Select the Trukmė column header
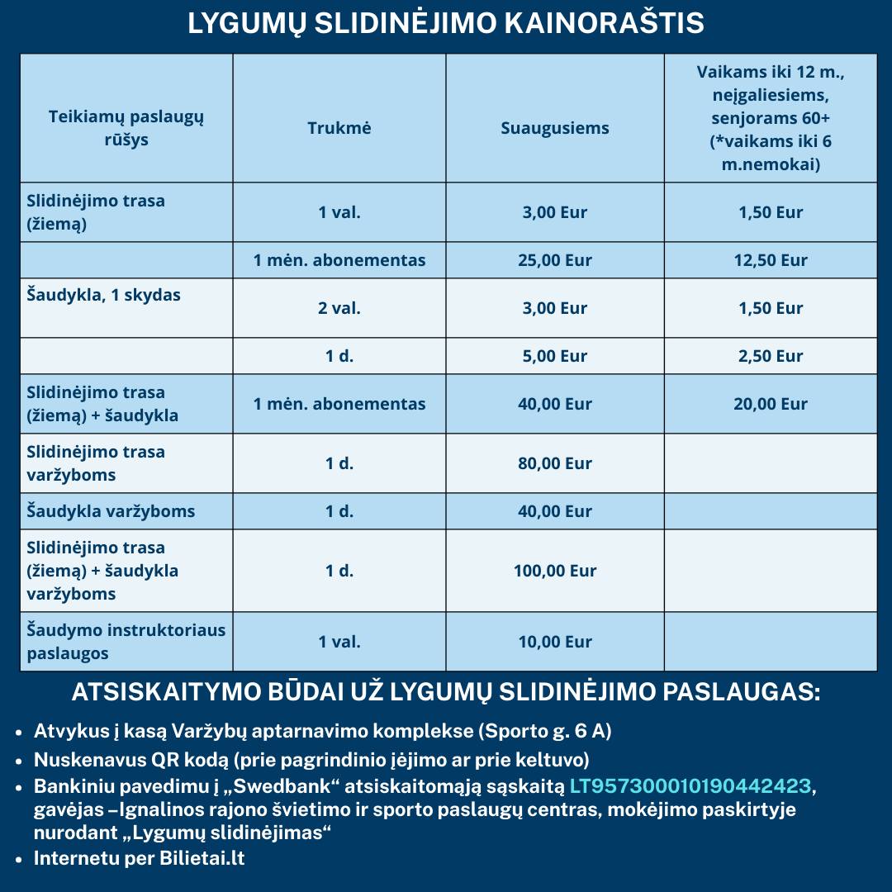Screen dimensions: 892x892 pyautogui.click(x=339, y=128)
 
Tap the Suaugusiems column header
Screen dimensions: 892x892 pyautogui.click(x=555, y=128)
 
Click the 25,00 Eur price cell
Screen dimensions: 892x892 pyautogui.click(x=555, y=260)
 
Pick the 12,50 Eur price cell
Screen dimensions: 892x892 pyautogui.click(x=771, y=260)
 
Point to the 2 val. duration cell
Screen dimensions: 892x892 pyautogui.click(x=339, y=308)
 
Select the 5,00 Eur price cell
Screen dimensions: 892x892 pyautogui.click(x=555, y=356)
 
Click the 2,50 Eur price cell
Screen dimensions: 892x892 pyautogui.click(x=771, y=356)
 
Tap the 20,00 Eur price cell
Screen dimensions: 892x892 pyautogui.click(x=771, y=404)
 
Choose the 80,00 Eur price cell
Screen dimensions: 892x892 pyautogui.click(x=555, y=463)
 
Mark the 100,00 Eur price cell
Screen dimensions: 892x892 pyautogui.click(x=555, y=571)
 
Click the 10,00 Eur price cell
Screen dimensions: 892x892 pyautogui.click(x=555, y=642)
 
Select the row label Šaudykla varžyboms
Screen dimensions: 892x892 pyautogui.click(x=111, y=511)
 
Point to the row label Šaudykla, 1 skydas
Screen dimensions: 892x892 pyautogui.click(x=103, y=295)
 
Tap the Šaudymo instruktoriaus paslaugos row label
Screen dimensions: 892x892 pyautogui.click(x=126, y=642)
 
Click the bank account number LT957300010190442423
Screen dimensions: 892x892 pyautogui.click(x=690, y=785)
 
